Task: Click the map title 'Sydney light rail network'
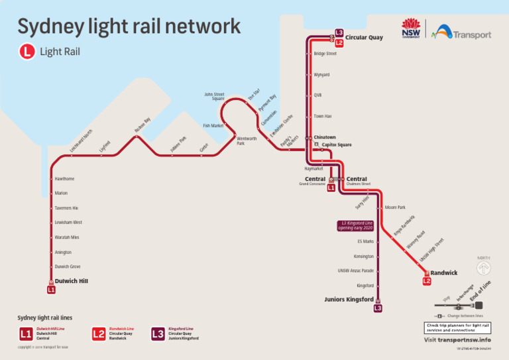pos(129,27)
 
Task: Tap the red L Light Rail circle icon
pos(27,51)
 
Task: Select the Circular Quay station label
pos(364,38)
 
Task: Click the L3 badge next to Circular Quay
pos(339,32)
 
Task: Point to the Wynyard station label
pos(321,75)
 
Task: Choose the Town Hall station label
pos(323,116)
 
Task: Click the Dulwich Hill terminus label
pos(71,281)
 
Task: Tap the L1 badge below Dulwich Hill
pos(51,290)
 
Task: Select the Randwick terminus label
pos(443,273)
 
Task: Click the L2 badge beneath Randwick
pos(427,281)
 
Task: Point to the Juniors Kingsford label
pos(349,299)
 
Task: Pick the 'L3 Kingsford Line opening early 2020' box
pos(356,225)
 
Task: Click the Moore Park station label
pos(395,208)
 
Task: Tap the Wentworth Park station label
pos(247,141)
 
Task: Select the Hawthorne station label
pos(65,179)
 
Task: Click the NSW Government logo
pos(411,29)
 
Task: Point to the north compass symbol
pos(484,267)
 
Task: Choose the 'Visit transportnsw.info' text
pos(457,339)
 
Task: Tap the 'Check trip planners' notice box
pos(457,328)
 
